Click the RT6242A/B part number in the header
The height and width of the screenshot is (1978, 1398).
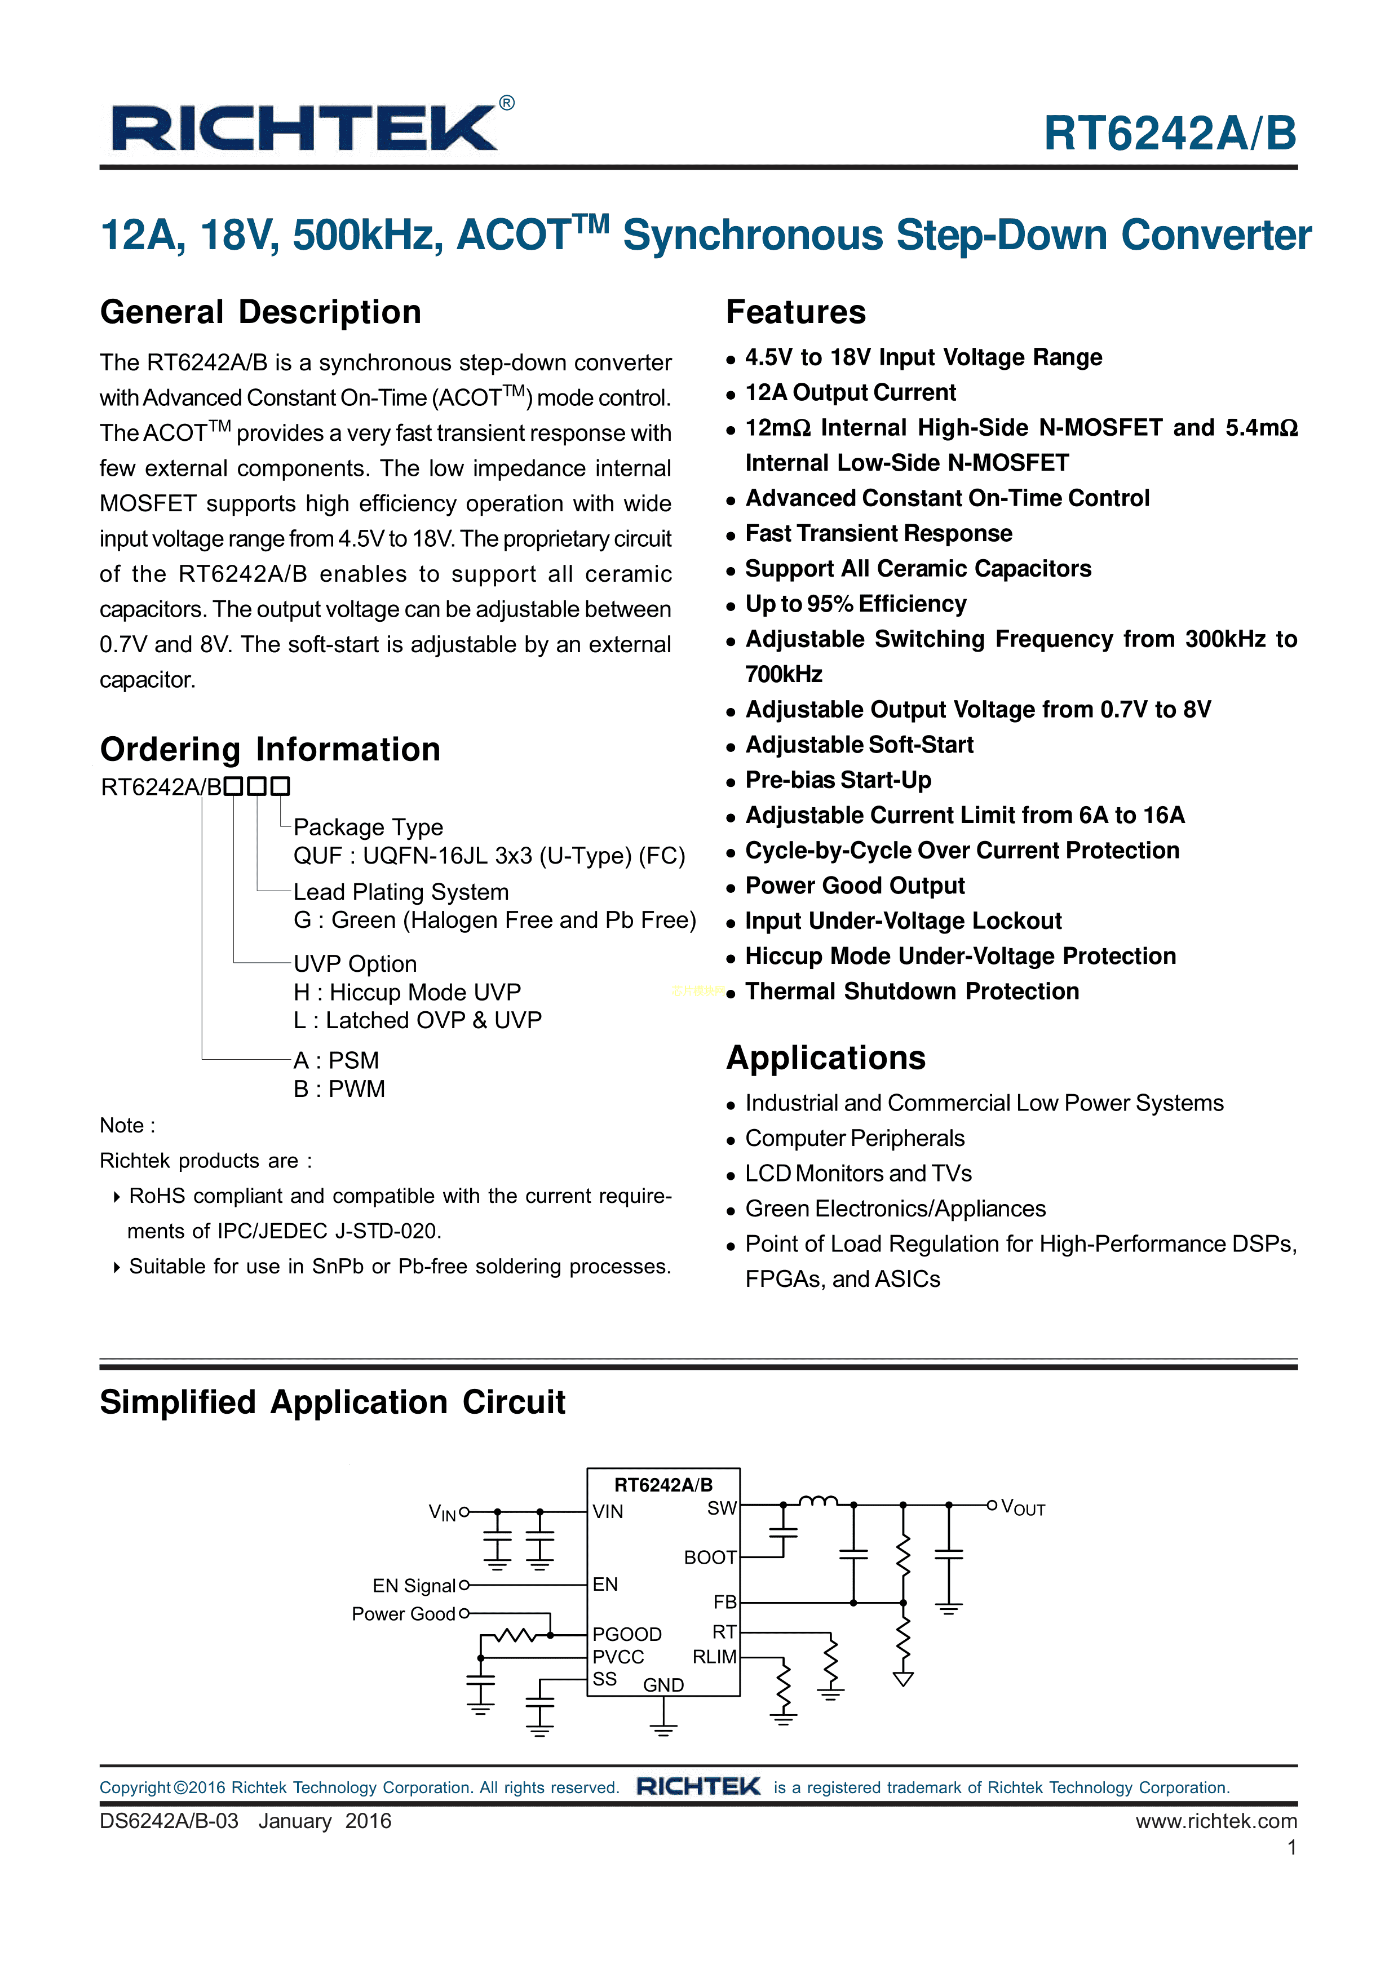click(x=1170, y=134)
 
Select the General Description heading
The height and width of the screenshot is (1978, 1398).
click(x=260, y=312)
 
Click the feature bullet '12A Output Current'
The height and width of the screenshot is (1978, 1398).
click(x=850, y=393)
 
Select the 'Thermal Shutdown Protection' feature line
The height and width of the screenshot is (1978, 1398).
click(x=912, y=992)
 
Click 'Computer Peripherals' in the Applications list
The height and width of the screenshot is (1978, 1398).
click(x=855, y=1139)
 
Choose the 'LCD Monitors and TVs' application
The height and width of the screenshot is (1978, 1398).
click(x=858, y=1174)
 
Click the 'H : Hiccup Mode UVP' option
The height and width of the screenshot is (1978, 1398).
click(x=406, y=993)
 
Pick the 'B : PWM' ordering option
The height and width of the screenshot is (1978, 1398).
click(x=339, y=1089)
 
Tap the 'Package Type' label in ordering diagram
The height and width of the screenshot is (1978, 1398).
click(x=368, y=827)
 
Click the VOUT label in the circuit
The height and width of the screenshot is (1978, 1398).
click(x=1023, y=1508)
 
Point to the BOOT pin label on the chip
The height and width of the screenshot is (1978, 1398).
click(x=710, y=1557)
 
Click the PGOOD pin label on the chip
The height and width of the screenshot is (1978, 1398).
click(x=626, y=1634)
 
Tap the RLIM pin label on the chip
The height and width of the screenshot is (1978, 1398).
click(x=714, y=1657)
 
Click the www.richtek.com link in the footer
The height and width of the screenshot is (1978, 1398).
click(x=1215, y=1821)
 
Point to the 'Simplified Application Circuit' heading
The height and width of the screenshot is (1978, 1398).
click(x=333, y=1402)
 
